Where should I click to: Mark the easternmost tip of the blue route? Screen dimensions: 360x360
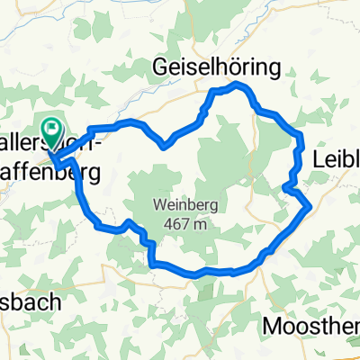click(x=310, y=207)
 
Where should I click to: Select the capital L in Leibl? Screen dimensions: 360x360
click(x=318, y=158)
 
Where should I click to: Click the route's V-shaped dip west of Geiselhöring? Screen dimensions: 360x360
click(x=162, y=143)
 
